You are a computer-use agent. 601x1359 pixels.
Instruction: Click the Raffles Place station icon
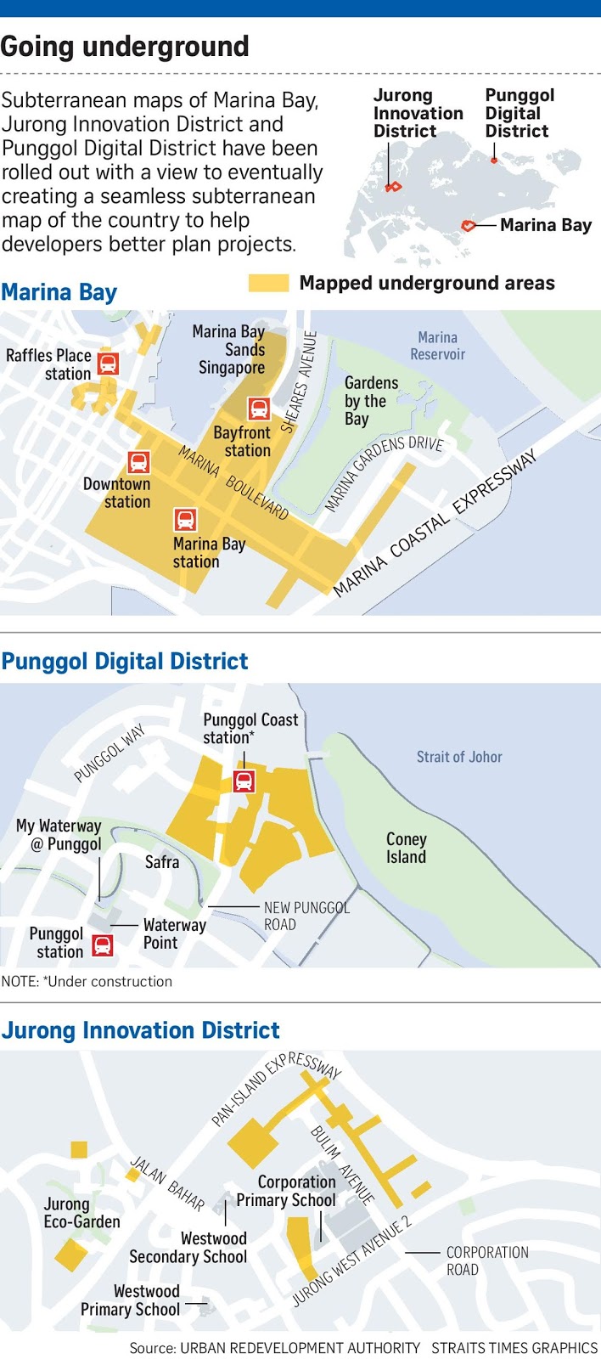[108, 364]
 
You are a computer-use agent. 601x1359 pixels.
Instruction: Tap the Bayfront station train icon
[259, 409]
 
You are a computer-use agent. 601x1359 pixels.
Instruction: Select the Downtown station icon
[138, 462]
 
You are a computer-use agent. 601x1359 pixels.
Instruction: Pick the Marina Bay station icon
[185, 519]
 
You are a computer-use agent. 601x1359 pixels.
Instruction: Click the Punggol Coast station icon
[244, 781]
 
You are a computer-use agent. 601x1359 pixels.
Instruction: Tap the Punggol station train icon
[103, 945]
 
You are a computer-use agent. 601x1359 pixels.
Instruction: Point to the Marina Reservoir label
[437, 346]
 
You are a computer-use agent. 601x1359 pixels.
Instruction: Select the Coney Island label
[406, 848]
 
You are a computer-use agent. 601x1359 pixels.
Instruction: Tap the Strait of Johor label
[459, 757]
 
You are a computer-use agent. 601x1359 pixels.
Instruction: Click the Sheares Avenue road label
[299, 382]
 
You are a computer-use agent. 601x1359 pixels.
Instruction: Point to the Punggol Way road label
[110, 753]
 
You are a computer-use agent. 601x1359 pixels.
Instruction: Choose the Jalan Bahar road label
[167, 1183]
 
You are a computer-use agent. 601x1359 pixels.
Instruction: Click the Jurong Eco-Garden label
[81, 1213]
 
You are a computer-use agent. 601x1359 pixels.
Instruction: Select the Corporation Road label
[487, 1260]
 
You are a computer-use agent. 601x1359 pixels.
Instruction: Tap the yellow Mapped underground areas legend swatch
[268, 284]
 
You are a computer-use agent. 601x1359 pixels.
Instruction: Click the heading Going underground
[125, 47]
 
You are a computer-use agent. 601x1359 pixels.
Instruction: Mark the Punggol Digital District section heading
[125, 662]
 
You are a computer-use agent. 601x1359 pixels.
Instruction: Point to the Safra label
[162, 862]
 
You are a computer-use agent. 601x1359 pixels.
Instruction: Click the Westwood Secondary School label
[188, 1248]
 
